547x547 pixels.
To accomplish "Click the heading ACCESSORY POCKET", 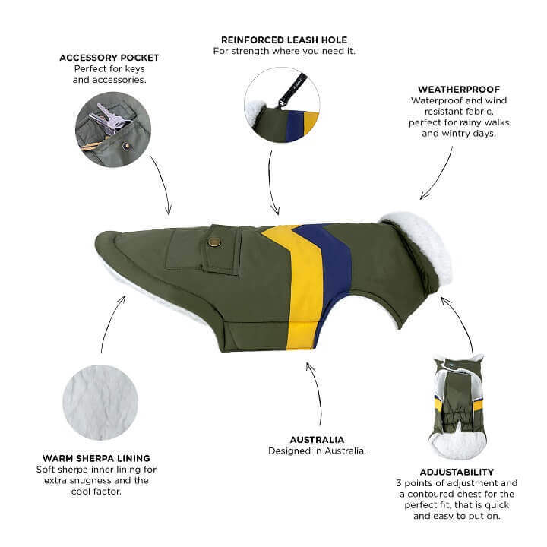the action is [109, 58].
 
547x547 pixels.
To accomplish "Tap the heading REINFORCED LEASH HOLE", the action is [284, 40].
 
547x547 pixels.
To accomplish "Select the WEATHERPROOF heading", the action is [459, 90].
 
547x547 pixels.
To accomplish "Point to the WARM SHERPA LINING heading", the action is [96, 458].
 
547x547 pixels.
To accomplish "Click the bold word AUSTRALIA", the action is [317, 440].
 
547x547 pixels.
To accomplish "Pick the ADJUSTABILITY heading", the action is [457, 472].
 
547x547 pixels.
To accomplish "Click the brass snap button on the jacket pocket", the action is [213, 242].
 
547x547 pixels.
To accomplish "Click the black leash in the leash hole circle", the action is [292, 90].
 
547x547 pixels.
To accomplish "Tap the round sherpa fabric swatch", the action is [100, 402].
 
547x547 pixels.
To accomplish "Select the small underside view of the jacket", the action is [457, 406].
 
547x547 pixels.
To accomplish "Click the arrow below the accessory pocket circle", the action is [163, 185].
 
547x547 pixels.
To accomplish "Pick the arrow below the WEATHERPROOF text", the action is [437, 172].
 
